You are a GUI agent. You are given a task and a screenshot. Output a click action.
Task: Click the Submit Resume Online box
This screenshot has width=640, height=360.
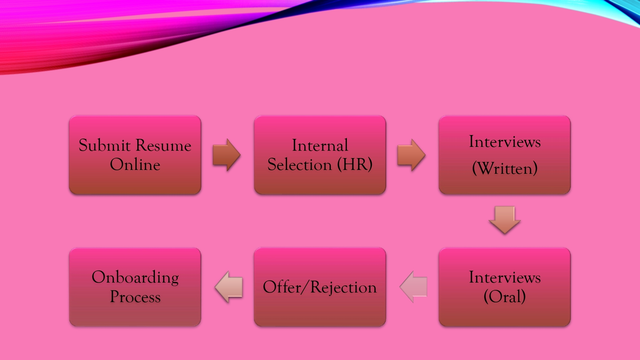click(135, 155)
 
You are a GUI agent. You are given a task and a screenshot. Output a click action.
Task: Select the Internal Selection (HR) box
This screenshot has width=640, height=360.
click(320, 155)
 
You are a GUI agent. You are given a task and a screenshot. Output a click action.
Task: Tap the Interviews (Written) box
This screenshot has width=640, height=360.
click(505, 155)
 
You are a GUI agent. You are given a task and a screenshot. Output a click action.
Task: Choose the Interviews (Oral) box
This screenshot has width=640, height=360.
click(505, 287)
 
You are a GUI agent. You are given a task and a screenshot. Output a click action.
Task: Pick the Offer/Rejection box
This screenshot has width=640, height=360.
click(320, 287)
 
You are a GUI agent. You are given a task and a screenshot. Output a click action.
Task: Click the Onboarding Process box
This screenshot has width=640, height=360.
click(135, 287)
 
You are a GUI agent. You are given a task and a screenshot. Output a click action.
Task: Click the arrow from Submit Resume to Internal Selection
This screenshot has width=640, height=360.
click(227, 155)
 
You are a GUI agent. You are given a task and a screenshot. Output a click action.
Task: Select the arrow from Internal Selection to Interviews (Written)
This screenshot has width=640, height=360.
click(412, 155)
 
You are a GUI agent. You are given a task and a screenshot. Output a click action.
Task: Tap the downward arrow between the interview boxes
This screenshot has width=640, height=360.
click(505, 220)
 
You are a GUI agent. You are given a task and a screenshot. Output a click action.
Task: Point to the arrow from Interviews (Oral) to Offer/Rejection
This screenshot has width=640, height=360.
click(413, 287)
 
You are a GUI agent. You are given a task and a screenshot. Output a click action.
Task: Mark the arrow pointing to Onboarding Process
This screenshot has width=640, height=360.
click(228, 287)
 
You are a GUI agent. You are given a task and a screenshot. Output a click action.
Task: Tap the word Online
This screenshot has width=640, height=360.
click(135, 164)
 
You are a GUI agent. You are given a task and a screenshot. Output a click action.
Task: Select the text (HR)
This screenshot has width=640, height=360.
click(355, 164)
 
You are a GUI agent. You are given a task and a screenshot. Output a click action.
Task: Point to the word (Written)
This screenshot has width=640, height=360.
click(505, 168)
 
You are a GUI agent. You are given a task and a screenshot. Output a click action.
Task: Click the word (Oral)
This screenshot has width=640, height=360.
click(505, 296)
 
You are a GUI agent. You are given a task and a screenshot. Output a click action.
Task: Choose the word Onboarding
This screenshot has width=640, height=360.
click(135, 277)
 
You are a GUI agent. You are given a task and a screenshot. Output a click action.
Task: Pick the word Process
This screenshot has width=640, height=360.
click(135, 297)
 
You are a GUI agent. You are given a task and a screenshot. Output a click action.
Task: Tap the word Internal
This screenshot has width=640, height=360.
click(320, 145)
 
